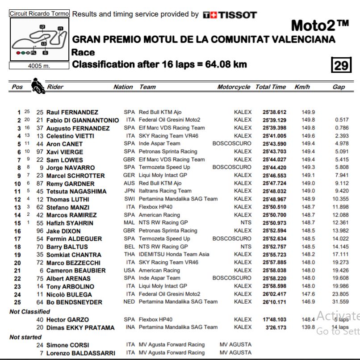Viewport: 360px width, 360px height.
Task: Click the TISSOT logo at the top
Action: point(230,15)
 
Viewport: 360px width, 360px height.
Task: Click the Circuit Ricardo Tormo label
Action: point(39,13)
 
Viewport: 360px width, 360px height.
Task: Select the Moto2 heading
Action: point(319,25)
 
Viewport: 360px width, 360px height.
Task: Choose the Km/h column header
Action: point(302,87)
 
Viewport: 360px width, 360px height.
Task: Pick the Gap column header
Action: point(339,87)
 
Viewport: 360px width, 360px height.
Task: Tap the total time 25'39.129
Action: point(275,120)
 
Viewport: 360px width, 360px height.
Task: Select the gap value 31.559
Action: point(341,302)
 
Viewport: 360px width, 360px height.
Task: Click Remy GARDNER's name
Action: point(70,184)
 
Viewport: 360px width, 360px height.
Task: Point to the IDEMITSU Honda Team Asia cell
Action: point(174,255)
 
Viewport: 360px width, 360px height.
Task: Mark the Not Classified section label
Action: point(29,312)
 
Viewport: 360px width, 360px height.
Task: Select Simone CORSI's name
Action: point(67,345)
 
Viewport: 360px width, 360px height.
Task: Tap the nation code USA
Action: point(129,270)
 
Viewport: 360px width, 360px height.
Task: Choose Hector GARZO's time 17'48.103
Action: point(275,320)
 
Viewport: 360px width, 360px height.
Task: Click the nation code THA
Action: point(129,255)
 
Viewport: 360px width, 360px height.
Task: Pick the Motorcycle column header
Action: point(234,87)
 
